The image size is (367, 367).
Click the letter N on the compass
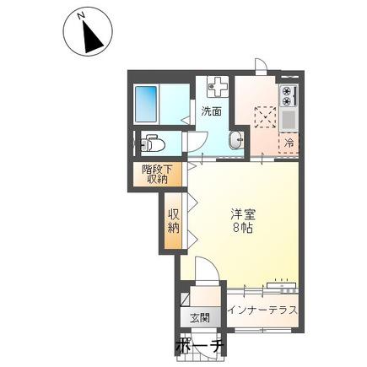click(x=82, y=16)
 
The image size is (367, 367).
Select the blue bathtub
click(x=146, y=104)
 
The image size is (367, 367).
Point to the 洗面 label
click(x=211, y=111)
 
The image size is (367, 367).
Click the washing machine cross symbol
click(x=218, y=86)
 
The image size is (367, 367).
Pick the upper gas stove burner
click(x=286, y=91)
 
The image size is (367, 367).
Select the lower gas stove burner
click(x=286, y=101)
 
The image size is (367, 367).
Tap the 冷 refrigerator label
click(x=289, y=143)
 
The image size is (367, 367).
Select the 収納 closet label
click(x=174, y=221)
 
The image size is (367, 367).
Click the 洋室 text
click(x=243, y=215)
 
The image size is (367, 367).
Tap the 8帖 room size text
click(x=243, y=228)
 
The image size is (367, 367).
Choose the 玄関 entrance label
click(x=200, y=319)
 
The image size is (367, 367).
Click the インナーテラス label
click(x=262, y=310)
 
